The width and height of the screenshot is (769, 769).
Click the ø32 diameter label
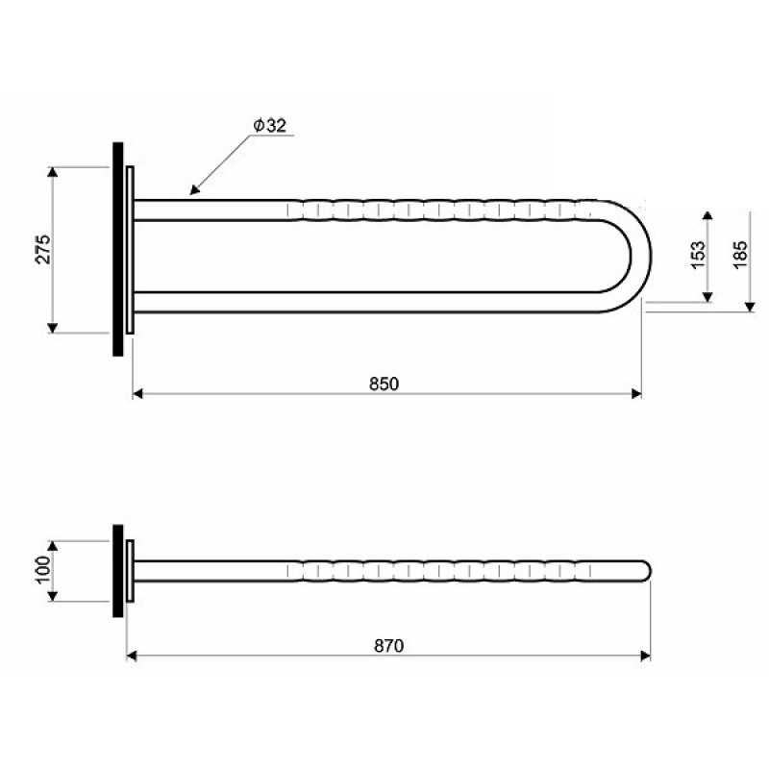click(x=270, y=126)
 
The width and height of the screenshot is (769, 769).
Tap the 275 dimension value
click(x=43, y=250)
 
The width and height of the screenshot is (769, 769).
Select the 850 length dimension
click(x=384, y=384)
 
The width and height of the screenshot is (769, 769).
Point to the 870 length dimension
click(x=389, y=645)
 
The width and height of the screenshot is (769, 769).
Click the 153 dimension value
click(x=698, y=255)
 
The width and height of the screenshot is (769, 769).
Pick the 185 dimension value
click(x=740, y=255)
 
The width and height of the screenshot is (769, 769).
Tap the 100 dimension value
click(x=43, y=570)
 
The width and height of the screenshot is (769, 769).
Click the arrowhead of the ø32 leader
click(x=195, y=189)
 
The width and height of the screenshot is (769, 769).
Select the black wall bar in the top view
click(x=118, y=249)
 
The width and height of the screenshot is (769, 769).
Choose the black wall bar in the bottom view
click(x=118, y=571)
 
